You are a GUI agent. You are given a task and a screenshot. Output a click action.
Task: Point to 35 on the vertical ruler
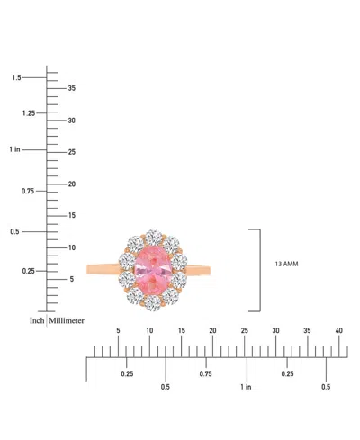(x=71, y=88)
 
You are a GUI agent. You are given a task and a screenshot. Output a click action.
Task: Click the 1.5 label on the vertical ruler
(x=16, y=78)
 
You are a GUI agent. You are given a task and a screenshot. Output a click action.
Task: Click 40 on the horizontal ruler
(x=339, y=331)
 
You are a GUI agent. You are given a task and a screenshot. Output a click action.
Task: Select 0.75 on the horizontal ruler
(x=206, y=373)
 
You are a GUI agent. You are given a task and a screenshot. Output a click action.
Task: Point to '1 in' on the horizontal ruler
(x=246, y=387)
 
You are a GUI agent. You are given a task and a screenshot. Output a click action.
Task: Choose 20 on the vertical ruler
(x=72, y=184)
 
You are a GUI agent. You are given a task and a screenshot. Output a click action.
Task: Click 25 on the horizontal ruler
(x=244, y=331)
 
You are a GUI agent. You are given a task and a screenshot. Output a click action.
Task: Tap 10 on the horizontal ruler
(x=149, y=331)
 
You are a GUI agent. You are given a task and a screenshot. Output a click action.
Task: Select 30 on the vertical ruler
(x=71, y=121)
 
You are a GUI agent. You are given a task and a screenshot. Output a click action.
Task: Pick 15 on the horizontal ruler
(x=181, y=331)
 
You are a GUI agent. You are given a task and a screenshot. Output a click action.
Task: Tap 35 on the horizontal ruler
(x=307, y=331)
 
